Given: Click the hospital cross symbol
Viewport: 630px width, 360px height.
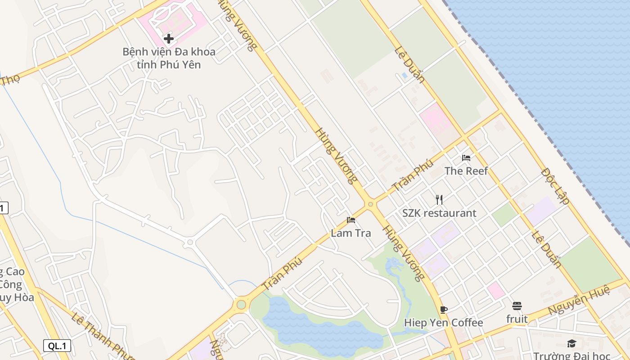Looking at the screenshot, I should (169, 39).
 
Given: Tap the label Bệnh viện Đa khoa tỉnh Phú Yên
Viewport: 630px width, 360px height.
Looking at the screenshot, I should (169, 58).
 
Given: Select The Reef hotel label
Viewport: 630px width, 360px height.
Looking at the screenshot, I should (466, 171).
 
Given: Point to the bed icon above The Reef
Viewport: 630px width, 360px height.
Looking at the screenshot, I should (466, 158).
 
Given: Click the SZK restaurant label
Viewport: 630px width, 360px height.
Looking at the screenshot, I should (439, 213).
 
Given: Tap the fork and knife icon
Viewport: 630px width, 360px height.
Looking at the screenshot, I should (439, 199).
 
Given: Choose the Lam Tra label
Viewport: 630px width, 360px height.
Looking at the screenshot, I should (351, 233).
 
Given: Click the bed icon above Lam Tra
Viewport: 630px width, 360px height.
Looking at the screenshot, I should (351, 220).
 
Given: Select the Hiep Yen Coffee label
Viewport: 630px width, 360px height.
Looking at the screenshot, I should (443, 323).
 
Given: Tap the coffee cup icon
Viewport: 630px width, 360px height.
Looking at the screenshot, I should (444, 310).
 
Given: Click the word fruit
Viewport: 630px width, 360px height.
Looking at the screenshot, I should (517, 319).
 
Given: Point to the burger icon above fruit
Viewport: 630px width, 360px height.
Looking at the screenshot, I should (517, 306).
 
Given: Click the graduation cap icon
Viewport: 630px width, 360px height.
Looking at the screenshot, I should (571, 344).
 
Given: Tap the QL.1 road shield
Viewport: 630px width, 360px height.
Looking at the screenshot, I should (57, 346).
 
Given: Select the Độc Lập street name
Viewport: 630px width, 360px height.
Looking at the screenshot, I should (555, 186).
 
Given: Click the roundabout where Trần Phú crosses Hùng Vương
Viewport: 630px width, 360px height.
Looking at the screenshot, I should (370, 204).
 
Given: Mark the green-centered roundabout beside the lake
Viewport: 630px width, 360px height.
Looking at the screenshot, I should (241, 305).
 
